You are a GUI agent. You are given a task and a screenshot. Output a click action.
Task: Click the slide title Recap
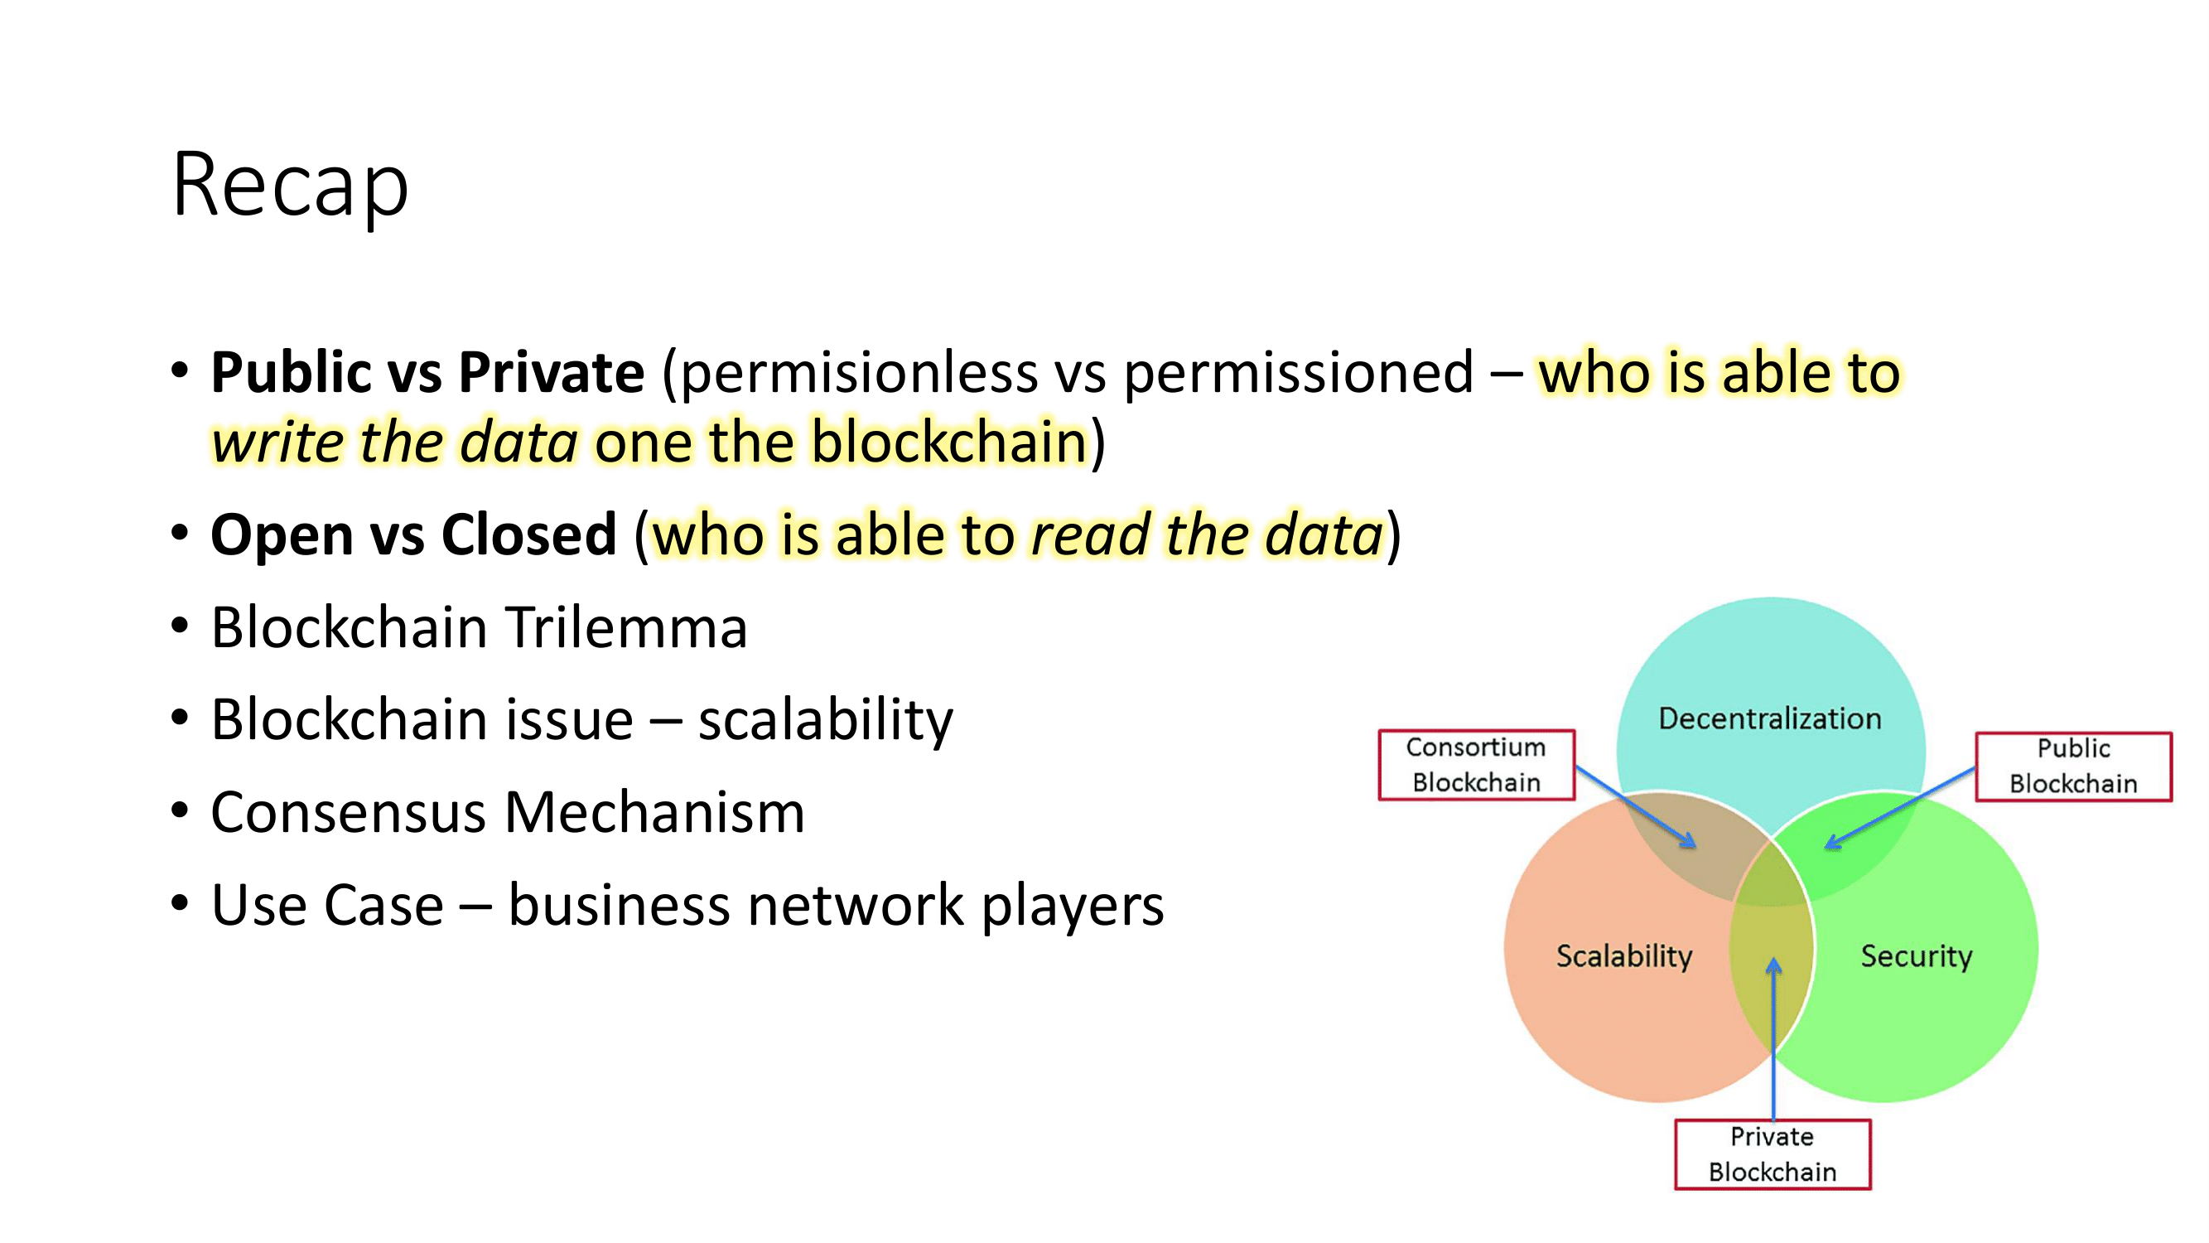pyautogui.click(x=290, y=186)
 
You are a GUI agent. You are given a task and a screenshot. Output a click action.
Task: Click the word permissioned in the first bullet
pyautogui.click(x=1298, y=374)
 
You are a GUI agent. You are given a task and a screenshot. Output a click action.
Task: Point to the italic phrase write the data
pyautogui.click(x=394, y=443)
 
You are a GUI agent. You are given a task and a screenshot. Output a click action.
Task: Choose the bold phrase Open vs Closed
pyautogui.click(x=413, y=534)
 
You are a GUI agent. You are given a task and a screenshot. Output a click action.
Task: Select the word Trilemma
pyautogui.click(x=626, y=627)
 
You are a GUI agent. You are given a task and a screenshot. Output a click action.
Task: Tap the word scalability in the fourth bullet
pyautogui.click(x=825, y=720)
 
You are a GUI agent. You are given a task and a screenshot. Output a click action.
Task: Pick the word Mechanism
pyautogui.click(x=655, y=812)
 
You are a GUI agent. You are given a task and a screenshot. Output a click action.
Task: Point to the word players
pyautogui.click(x=1072, y=905)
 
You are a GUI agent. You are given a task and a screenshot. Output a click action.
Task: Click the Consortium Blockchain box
pyautogui.click(x=1476, y=765)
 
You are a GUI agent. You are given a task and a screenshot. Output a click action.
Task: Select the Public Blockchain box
pyautogui.click(x=2072, y=767)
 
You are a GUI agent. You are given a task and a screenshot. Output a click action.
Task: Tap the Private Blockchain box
pyautogui.click(x=1773, y=1154)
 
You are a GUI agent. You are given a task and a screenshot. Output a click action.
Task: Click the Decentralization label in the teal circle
pyautogui.click(x=1770, y=718)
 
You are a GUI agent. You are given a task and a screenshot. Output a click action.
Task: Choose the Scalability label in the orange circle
pyautogui.click(x=1624, y=955)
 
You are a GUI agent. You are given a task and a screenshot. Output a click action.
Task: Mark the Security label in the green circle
pyautogui.click(x=1916, y=955)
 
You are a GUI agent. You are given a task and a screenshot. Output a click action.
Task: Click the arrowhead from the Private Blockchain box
pyautogui.click(x=1773, y=966)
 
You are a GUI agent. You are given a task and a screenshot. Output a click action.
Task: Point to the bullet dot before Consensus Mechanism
pyautogui.click(x=179, y=810)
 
